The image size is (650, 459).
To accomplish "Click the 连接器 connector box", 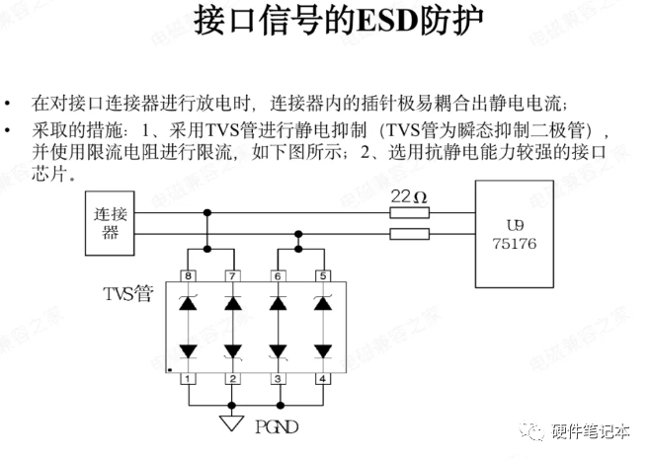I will click(111, 223).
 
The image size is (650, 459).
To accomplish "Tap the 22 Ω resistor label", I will click(409, 196).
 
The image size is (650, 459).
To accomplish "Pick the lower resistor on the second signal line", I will click(409, 234).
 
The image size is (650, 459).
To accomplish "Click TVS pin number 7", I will click(232, 276).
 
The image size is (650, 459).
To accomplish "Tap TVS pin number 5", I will click(322, 276).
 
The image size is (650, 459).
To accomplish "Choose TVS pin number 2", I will click(232, 378).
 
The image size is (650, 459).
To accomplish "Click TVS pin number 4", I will click(322, 378).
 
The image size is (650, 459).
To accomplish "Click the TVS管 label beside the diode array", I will click(127, 295).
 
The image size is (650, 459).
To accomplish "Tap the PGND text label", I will click(277, 428).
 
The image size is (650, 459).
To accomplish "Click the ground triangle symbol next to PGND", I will click(232, 423).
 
